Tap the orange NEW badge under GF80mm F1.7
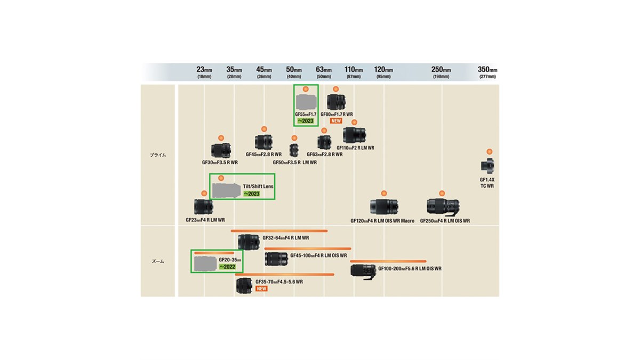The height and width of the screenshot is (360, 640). (336, 121)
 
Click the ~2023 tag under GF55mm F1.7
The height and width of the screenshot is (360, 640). (306, 121)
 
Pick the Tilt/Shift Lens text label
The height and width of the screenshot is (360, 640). (258, 186)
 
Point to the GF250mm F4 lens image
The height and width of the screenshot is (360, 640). (443, 207)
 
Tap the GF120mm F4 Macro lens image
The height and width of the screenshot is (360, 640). (383, 207)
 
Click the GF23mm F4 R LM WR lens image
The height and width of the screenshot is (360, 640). (203, 206)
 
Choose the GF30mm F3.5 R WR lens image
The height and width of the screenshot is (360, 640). (220, 151)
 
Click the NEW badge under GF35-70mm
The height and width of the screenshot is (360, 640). (261, 289)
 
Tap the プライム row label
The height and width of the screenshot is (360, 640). (158, 155)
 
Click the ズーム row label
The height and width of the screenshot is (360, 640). (158, 261)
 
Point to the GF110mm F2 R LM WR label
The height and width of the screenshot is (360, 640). (355, 148)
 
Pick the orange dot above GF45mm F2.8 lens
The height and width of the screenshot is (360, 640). (263, 129)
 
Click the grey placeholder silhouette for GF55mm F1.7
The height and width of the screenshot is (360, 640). (306, 102)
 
